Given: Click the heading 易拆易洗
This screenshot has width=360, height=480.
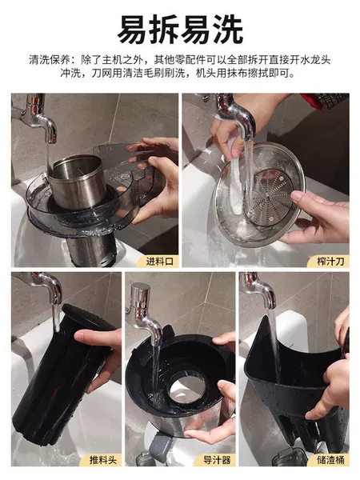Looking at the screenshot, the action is pyautogui.click(x=180, y=30).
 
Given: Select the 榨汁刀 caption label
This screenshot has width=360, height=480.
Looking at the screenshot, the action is pyautogui.click(x=330, y=261).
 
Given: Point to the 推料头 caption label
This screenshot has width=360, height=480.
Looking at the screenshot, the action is pyautogui.click(x=103, y=459).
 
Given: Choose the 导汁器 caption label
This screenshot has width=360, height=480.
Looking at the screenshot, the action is pyautogui.click(x=217, y=459).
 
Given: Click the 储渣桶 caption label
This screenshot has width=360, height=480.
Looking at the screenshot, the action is pyautogui.click(x=330, y=459).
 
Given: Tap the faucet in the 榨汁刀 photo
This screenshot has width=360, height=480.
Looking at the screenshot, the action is pyautogui.click(x=236, y=114).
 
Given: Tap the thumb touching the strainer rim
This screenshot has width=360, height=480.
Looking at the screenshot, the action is pyautogui.click(x=302, y=198).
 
